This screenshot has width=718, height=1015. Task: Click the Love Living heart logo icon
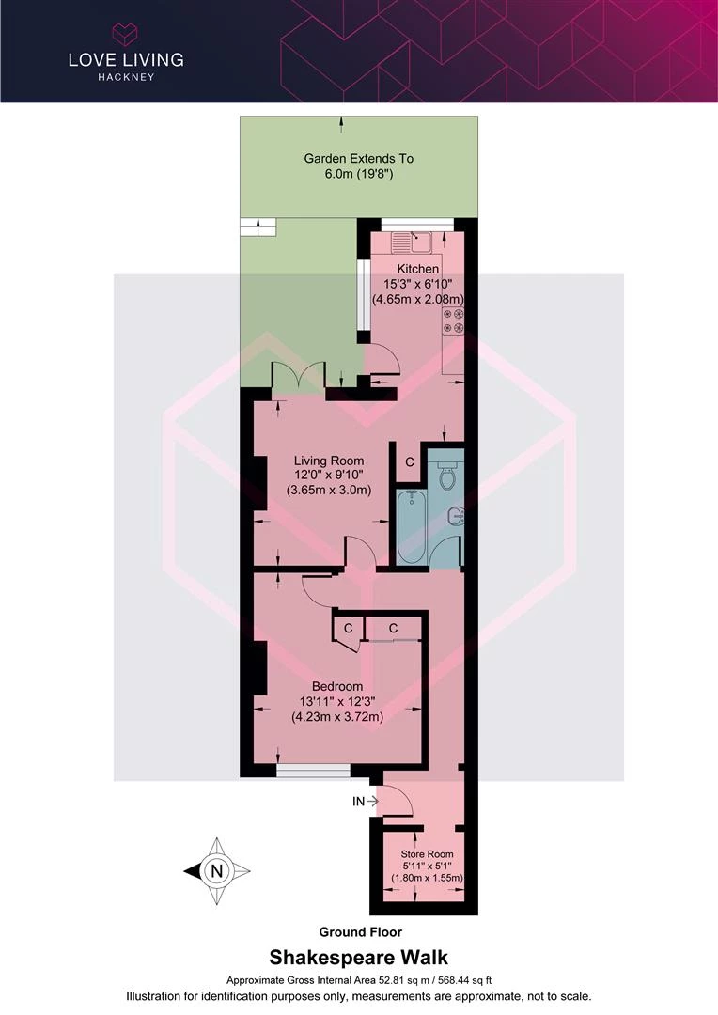pos(126,34)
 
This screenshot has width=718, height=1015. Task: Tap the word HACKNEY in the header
pos(126,77)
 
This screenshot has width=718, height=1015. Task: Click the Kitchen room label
pos(417,269)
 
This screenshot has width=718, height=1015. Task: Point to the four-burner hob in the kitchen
pos(453,321)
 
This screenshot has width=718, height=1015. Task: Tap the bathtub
pos(411,527)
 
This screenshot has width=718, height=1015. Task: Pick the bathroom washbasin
pos(457,516)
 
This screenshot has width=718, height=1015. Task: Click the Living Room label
pos(329,461)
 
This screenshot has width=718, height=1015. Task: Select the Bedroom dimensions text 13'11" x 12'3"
pos(337,701)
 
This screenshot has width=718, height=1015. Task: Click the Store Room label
pos(427,853)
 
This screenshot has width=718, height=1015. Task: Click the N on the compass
pos(217,870)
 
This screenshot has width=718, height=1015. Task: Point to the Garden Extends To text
pos(359,159)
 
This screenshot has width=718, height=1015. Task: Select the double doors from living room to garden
pos(298,378)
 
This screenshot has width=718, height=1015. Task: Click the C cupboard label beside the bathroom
pos(409,462)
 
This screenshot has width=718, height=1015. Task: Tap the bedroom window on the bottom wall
pos(313,771)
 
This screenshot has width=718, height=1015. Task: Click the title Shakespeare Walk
pos(359,958)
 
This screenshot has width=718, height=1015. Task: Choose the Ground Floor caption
pos(361,932)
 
